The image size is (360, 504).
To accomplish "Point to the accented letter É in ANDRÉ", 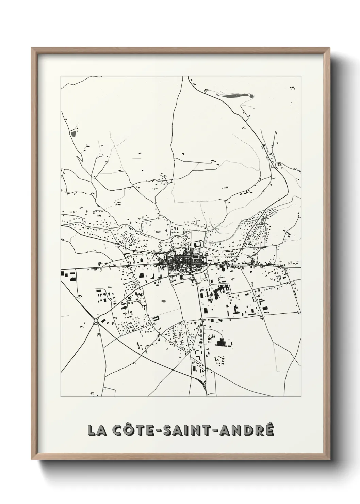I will (268, 429).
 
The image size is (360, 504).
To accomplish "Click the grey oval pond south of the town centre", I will (164, 301).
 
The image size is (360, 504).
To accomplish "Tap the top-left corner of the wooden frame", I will (32, 48).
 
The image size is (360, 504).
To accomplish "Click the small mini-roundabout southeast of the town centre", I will (211, 284).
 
